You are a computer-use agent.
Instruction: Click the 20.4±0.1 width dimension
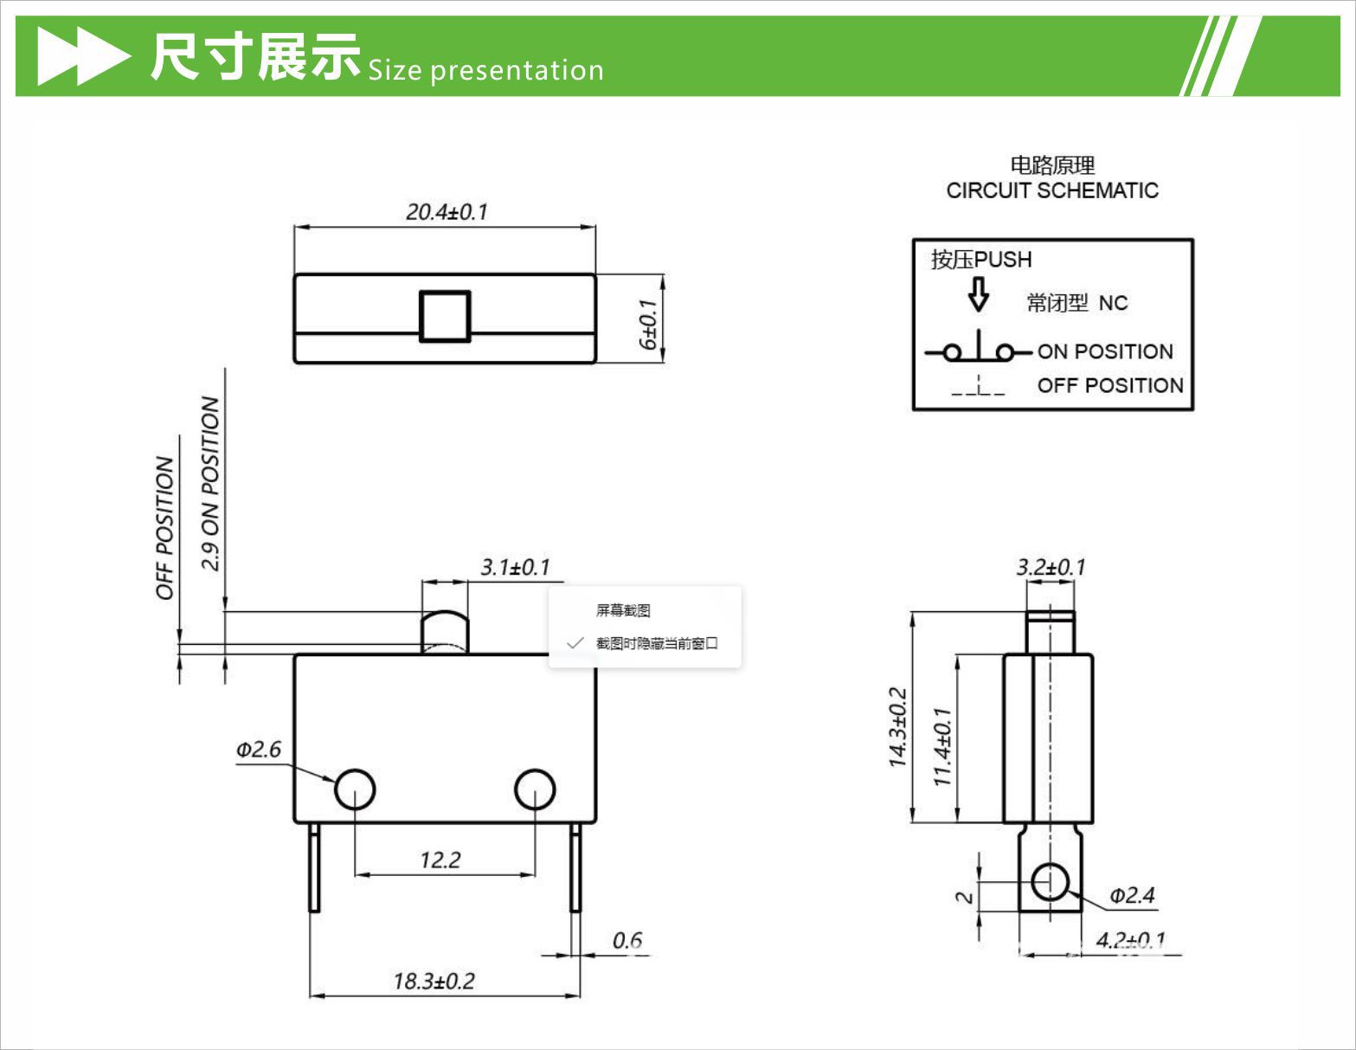coord(447,212)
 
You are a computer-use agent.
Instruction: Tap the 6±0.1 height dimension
coord(648,324)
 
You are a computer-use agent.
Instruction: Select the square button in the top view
coord(445,317)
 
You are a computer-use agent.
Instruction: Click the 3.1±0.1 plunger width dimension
coord(515,568)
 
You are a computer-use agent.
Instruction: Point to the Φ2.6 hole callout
coord(259,750)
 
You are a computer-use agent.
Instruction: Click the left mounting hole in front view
coord(355,789)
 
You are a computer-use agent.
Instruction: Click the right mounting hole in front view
coord(535,789)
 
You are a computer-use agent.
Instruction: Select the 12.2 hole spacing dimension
coord(440,860)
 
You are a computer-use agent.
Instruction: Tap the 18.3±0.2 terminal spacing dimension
coord(434,982)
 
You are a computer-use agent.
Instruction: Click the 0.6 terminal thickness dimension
coord(627,941)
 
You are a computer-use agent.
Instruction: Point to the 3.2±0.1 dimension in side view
coord(1051,568)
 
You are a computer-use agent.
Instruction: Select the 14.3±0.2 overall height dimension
coord(897,727)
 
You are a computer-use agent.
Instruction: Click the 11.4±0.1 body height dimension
coord(942,746)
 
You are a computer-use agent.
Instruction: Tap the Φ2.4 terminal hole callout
coord(1132,896)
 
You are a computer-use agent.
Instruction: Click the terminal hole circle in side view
coord(1050,882)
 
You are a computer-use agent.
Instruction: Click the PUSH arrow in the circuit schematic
coord(978,294)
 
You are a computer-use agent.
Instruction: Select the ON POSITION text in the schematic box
coord(1105,351)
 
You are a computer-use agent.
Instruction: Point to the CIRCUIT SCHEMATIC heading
coord(1052,190)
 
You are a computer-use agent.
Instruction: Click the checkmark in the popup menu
coord(575,643)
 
